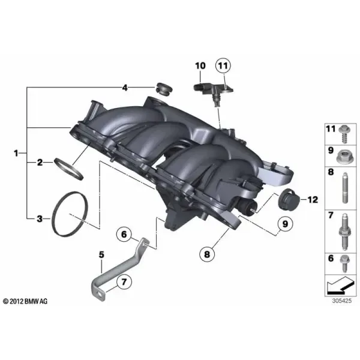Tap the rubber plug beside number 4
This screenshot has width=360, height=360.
pos(164,89)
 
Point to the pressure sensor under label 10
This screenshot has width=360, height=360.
pos(214,91)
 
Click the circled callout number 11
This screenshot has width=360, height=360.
pos(223,65)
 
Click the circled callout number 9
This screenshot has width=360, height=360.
pos(284,223)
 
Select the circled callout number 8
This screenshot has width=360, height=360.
pos(207,254)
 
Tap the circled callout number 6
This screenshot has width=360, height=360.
pos(124,234)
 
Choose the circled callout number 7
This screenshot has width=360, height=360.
pos(124,282)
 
